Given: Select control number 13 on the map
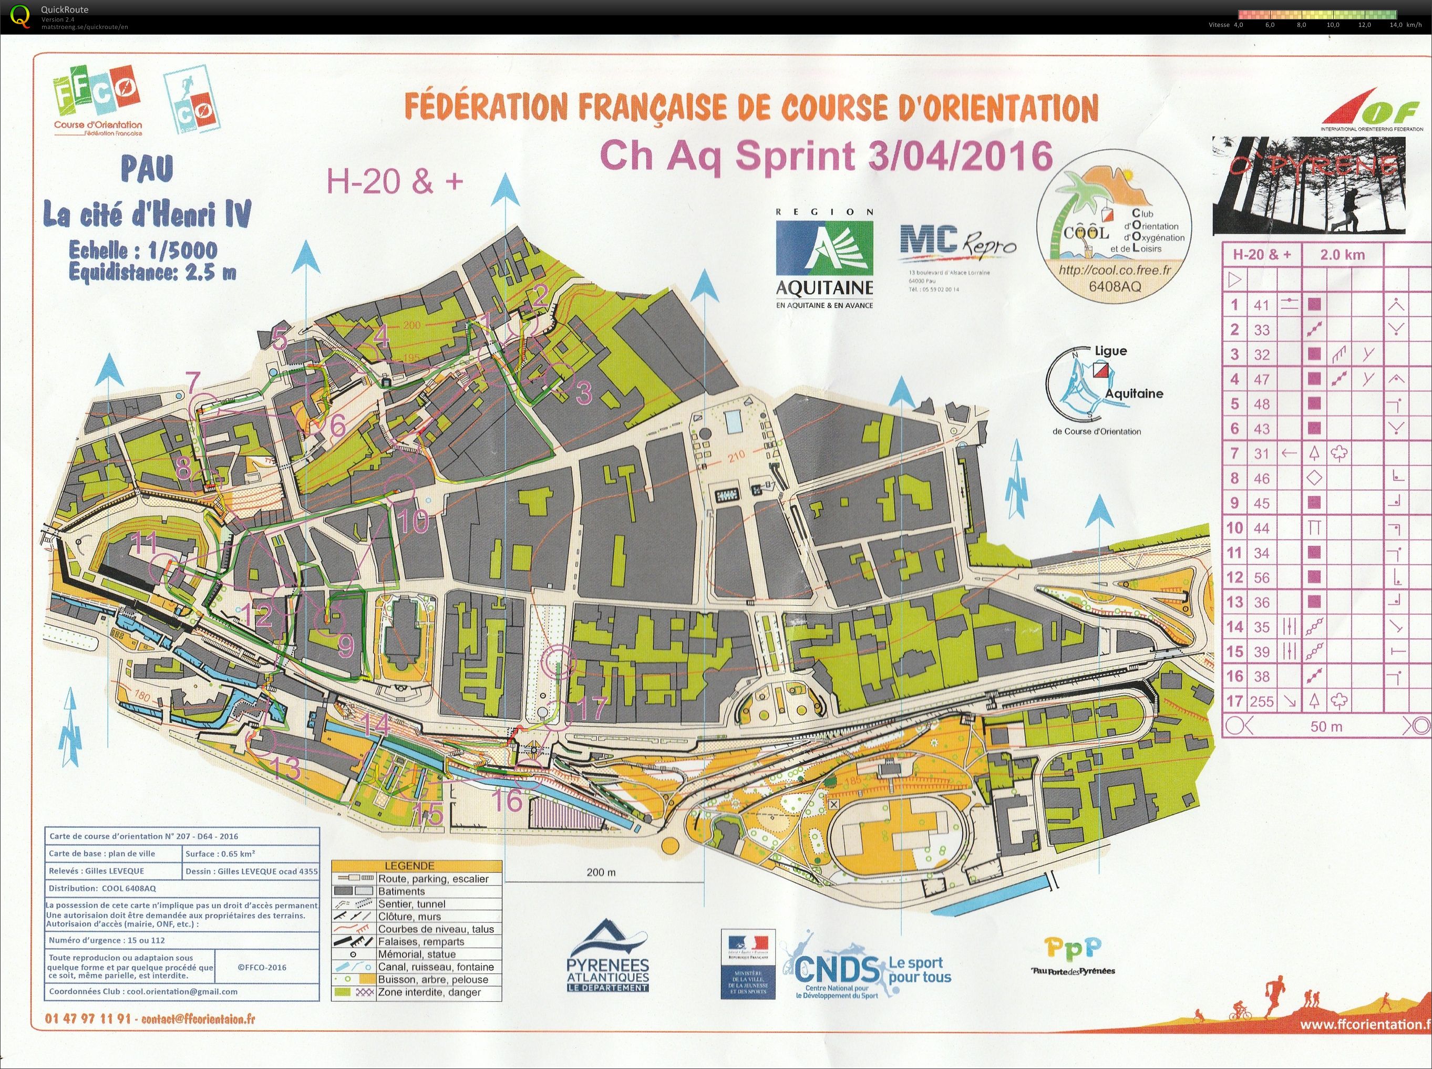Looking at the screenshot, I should (285, 768).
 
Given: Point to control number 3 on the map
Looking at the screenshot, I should (583, 392).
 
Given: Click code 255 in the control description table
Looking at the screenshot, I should (1262, 701).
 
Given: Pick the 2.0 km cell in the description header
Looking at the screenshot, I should (1343, 254).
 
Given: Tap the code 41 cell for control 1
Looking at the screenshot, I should (1262, 305).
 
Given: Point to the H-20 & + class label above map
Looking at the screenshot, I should (395, 182).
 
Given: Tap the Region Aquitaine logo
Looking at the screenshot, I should (824, 257).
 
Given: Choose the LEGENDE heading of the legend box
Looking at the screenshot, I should (418, 866).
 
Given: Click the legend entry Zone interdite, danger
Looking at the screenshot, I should (429, 992).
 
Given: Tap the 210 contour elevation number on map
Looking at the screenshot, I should (736, 455).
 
